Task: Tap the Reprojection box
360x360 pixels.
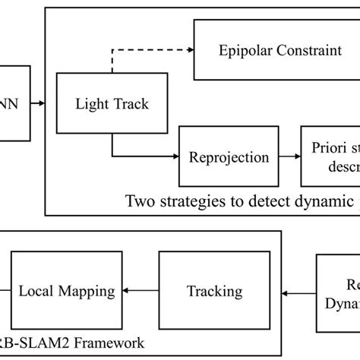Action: (229, 157)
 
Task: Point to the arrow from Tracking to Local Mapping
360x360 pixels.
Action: (140, 290)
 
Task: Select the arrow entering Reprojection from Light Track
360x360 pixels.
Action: (144, 157)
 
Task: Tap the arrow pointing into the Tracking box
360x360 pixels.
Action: (296, 290)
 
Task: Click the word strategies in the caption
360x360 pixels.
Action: (199, 201)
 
